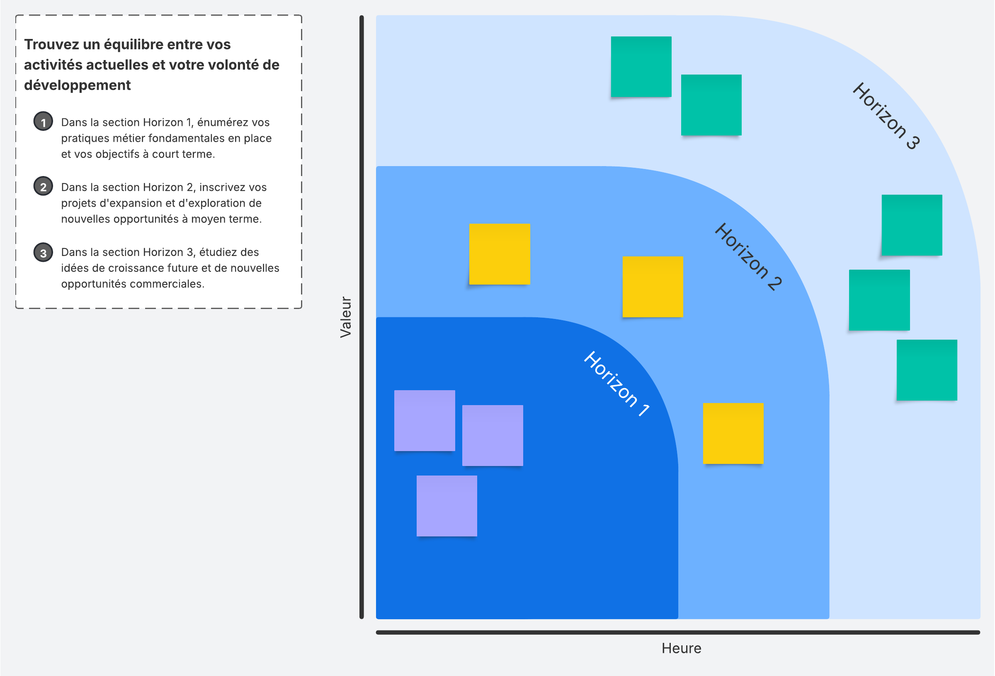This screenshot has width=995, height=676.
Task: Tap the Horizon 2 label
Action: [748, 257]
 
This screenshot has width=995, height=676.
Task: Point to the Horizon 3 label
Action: [886, 116]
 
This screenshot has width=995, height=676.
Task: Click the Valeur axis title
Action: [345, 317]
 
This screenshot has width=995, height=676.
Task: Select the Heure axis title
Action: [681, 649]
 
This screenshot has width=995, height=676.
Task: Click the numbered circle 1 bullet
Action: [43, 122]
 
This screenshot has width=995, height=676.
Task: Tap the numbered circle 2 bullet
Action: [43, 186]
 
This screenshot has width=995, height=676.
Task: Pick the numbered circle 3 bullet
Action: [43, 252]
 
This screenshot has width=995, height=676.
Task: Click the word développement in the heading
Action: [78, 85]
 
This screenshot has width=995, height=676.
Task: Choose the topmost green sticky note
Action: [641, 67]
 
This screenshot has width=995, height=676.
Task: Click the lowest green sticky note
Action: [927, 370]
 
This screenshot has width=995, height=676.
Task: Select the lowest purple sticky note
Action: [447, 506]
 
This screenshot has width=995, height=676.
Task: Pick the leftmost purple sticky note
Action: [424, 420]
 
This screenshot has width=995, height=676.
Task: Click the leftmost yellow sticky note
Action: [499, 254]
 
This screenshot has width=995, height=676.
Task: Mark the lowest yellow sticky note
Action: [733, 433]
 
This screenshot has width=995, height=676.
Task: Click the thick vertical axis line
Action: [362, 317]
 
